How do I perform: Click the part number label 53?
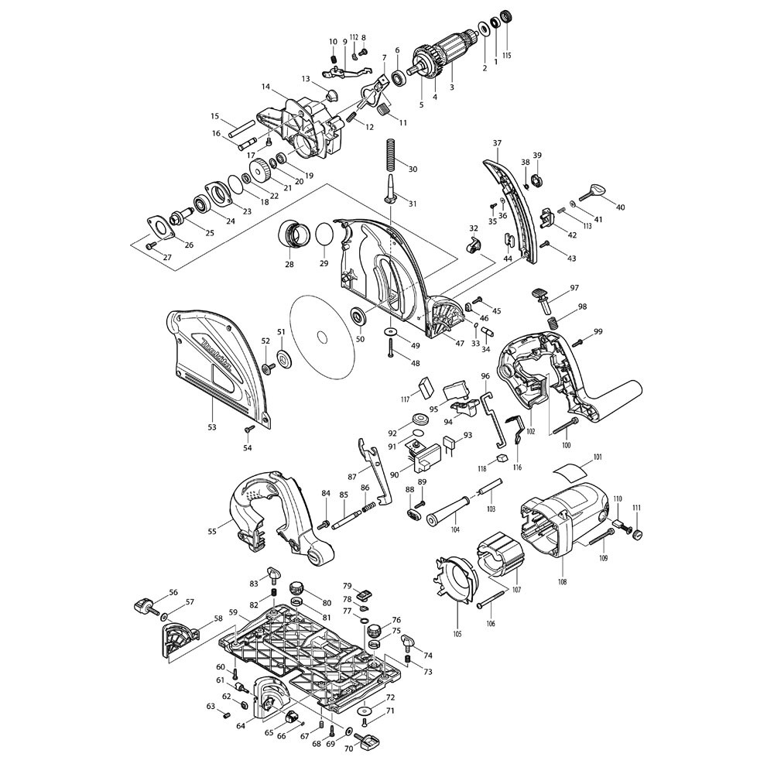click(x=212, y=426)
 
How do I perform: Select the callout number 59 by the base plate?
click(x=232, y=612)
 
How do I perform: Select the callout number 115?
click(x=507, y=55)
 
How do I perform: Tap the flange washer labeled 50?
click(x=360, y=317)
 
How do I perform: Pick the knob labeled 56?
click(x=146, y=603)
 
